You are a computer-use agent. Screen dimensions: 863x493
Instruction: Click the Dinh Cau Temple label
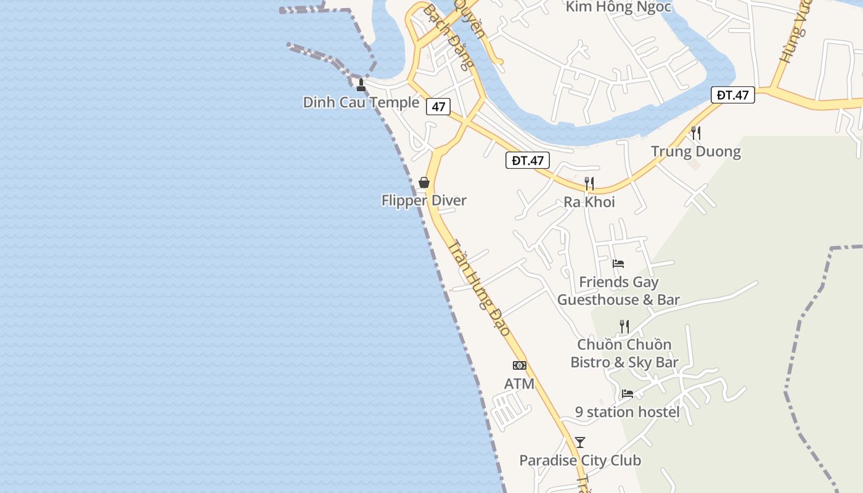click(361, 102)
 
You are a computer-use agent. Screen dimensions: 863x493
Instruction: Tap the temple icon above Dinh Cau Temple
click(361, 85)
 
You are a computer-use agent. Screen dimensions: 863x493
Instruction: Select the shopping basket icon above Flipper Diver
click(424, 182)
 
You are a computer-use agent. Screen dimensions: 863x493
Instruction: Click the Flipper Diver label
click(424, 200)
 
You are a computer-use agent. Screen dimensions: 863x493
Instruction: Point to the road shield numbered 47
click(438, 107)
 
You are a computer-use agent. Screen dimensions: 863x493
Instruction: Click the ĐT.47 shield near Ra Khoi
click(528, 161)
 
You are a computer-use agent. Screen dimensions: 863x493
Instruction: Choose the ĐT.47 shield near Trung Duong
click(733, 95)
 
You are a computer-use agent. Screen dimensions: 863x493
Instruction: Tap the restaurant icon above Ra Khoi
click(589, 183)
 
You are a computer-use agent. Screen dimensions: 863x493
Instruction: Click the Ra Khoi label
click(589, 202)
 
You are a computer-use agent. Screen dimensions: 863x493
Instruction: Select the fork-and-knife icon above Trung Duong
click(696, 132)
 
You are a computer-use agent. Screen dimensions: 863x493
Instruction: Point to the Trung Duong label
click(696, 152)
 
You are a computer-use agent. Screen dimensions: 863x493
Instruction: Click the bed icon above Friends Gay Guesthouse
click(618, 264)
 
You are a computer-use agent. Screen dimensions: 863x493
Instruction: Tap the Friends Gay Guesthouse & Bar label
click(619, 291)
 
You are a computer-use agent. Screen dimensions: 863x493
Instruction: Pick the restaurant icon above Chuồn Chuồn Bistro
click(624, 326)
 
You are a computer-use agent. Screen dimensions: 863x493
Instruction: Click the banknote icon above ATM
click(520, 365)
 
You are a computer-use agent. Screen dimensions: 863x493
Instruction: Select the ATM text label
click(519, 384)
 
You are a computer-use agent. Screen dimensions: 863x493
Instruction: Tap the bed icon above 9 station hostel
click(628, 393)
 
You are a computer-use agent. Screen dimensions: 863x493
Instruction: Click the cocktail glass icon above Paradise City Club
click(580, 442)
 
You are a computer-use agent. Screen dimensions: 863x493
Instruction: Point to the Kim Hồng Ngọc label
click(618, 7)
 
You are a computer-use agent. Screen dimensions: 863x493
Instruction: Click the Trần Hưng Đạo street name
click(480, 288)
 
